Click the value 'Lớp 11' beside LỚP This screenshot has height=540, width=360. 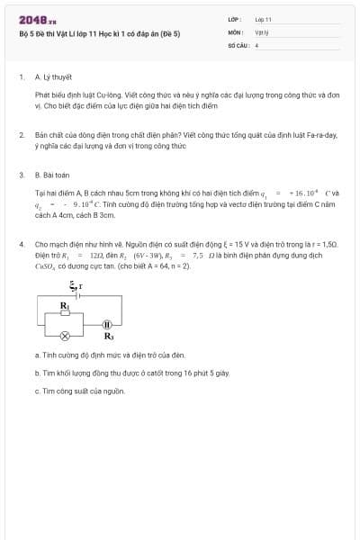click(x=263, y=19)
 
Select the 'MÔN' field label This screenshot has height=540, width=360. click(x=235, y=31)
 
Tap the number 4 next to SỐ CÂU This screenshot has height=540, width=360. click(x=256, y=44)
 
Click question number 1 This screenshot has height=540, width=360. click(x=22, y=77)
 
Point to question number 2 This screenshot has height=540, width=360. click(x=22, y=134)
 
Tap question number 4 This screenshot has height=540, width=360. click(x=22, y=244)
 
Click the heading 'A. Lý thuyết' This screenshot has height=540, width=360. click(x=53, y=77)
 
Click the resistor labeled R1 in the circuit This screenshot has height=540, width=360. click(x=66, y=313)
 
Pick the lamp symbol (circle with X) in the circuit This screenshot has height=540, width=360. click(x=64, y=337)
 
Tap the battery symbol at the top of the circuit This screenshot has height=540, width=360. click(x=77, y=294)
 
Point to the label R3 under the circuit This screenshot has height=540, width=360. click(x=109, y=337)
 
